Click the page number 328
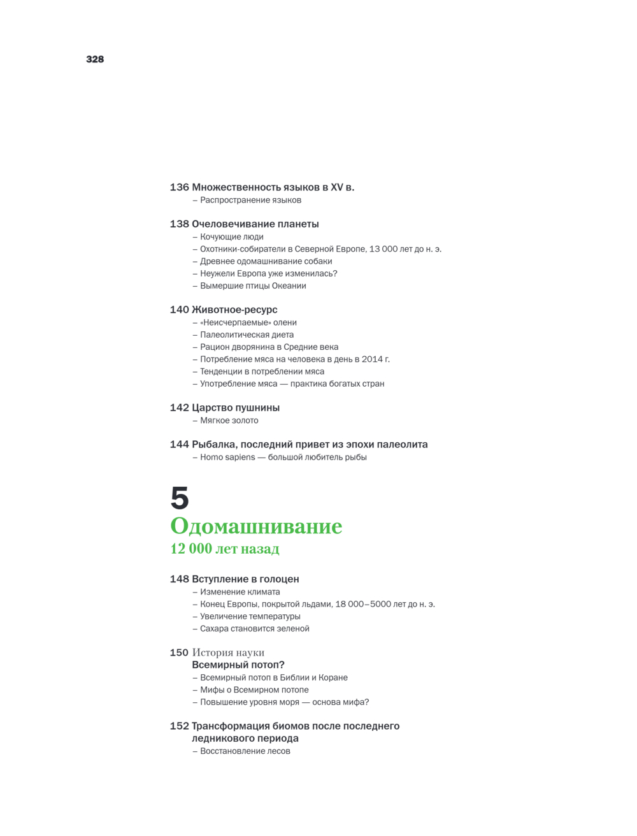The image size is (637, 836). coord(95,59)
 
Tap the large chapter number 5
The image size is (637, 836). coord(180,498)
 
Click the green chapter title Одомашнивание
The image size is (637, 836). coord(256,526)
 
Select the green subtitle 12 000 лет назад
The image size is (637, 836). coord(225,549)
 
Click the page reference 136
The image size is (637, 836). coord(179,187)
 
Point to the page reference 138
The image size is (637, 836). coord(179,224)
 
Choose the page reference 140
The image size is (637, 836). coord(179,310)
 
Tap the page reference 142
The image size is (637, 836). coord(179,408)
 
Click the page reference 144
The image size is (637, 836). coord(179,445)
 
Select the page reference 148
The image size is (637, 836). coord(179,579)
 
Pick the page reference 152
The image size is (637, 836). coord(179,726)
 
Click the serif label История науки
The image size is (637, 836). coord(228,652)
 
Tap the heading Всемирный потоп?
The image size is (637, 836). coord(238,665)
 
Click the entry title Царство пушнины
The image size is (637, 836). coord(236,408)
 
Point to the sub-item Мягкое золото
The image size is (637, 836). coord(229,421)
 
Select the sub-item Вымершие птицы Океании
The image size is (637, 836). coord(253,286)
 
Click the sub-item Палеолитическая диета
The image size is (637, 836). coord(247,335)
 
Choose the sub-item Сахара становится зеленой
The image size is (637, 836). coord(255,629)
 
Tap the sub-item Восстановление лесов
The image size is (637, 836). coord(245,751)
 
